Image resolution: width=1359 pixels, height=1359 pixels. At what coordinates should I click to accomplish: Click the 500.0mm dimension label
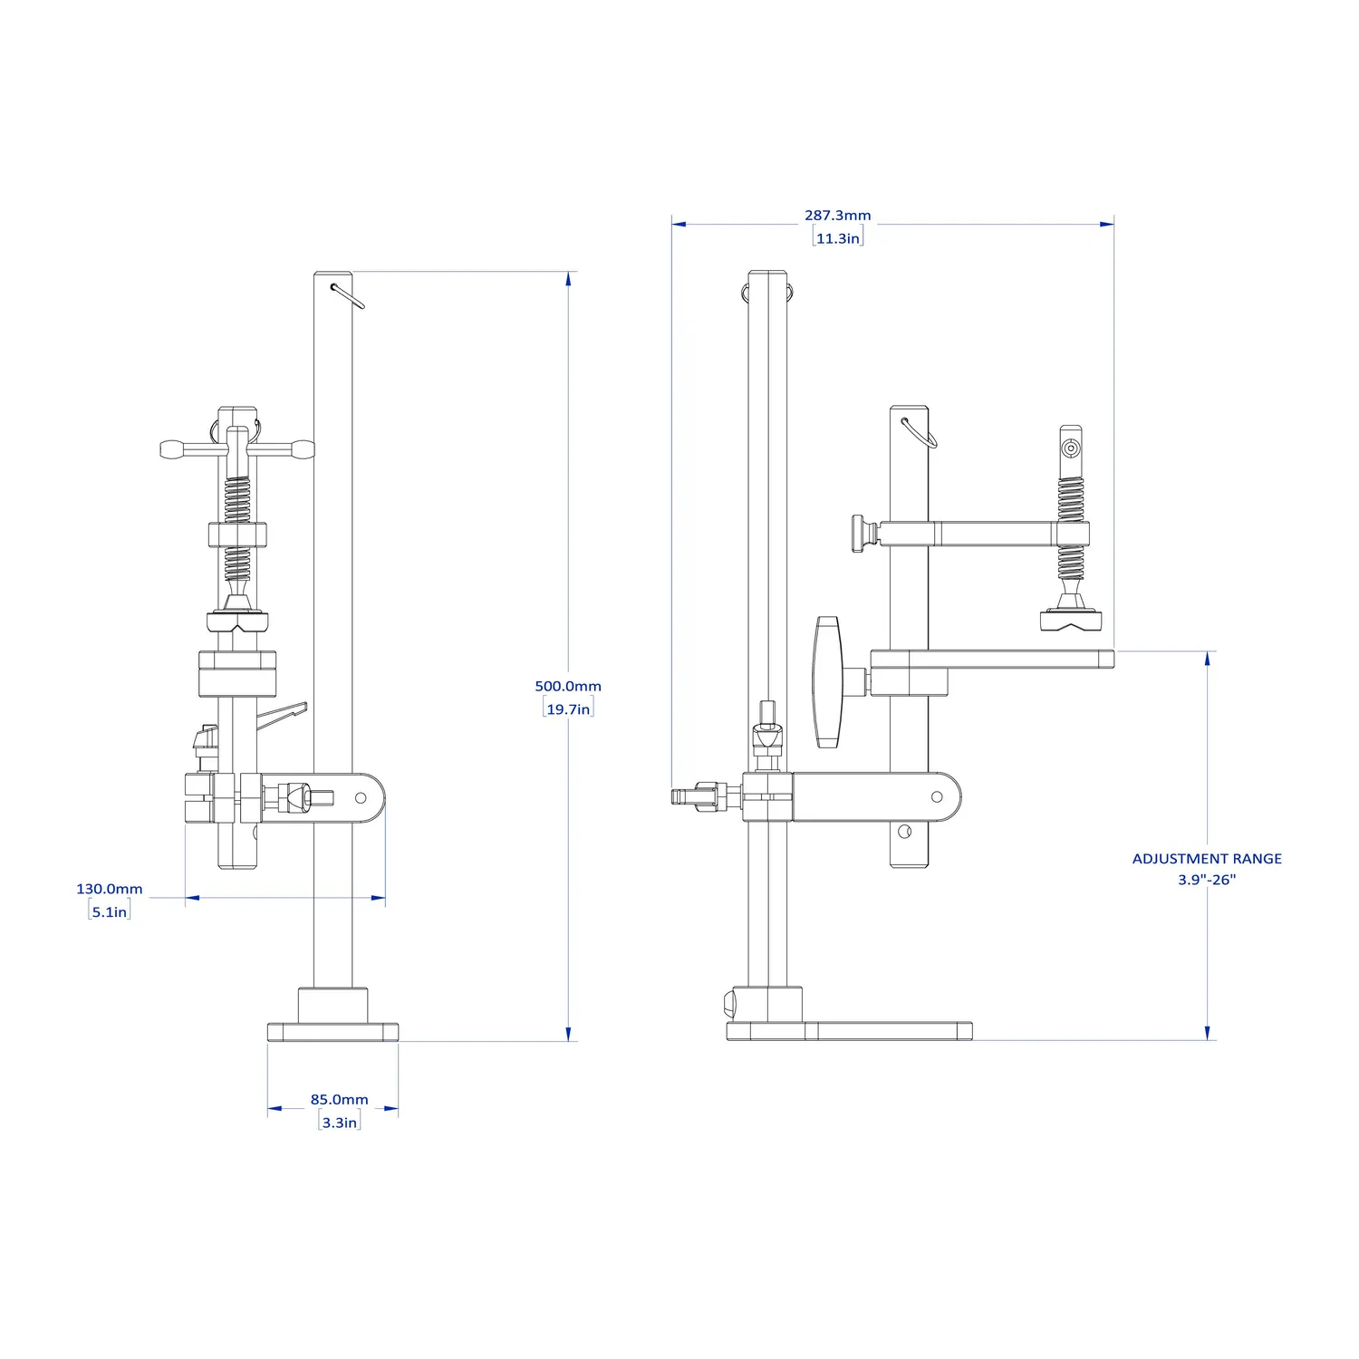568,686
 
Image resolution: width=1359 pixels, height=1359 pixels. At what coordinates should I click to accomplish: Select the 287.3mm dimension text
838,216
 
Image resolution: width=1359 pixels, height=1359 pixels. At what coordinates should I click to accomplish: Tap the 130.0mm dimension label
110,889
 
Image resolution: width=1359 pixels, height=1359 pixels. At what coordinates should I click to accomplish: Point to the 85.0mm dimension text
340,1099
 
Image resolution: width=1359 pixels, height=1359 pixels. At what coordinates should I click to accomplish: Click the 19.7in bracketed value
568,708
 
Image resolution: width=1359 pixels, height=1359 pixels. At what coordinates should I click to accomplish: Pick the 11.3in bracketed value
838,238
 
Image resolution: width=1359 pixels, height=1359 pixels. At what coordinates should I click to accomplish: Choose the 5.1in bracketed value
110,911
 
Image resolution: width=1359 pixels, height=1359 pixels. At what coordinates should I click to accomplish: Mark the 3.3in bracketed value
340,1122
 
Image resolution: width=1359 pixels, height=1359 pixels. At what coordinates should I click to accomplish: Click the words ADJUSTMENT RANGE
1207,858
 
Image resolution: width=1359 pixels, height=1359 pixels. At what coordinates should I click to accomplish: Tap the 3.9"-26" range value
1207,880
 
